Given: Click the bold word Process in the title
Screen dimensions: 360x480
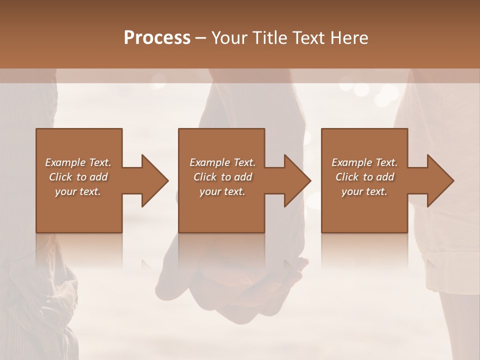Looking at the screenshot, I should click(x=157, y=38).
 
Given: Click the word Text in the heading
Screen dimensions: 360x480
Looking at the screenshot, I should click(x=308, y=38).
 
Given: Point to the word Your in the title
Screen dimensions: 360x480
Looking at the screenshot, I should click(x=230, y=38).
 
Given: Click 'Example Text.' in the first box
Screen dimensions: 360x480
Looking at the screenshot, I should click(x=78, y=162).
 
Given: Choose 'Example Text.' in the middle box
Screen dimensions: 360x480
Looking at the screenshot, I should click(x=222, y=162).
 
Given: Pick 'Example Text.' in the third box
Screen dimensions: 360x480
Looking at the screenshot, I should click(x=364, y=162).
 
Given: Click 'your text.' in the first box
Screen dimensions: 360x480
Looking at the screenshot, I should click(x=78, y=191).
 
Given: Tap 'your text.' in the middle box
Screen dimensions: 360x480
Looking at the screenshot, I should click(x=222, y=191).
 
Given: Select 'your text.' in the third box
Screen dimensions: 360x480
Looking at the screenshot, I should click(x=364, y=191).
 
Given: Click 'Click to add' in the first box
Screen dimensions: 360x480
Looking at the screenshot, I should click(x=78, y=177).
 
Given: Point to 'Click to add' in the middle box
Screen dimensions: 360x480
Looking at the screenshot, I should click(x=222, y=177).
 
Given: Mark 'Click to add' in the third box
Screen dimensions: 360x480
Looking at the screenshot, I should click(x=364, y=177).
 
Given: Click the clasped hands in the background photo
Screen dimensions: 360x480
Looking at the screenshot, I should click(x=235, y=280).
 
